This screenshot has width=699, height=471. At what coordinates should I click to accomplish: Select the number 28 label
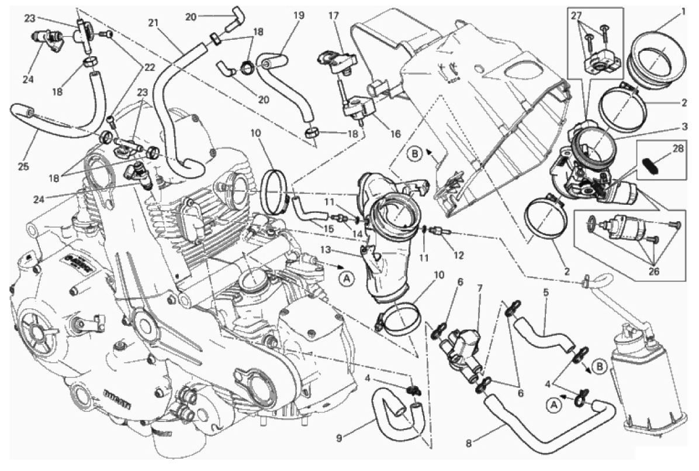coord(677,150)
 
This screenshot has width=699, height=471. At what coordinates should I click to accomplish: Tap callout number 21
coord(153,23)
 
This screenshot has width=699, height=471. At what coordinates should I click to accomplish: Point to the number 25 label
coord(23,167)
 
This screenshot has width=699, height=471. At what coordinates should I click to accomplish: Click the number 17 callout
coord(333,16)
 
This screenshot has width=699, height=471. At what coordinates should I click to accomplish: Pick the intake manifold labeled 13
coord(383,234)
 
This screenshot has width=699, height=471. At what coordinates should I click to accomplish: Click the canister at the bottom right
coord(643,374)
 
